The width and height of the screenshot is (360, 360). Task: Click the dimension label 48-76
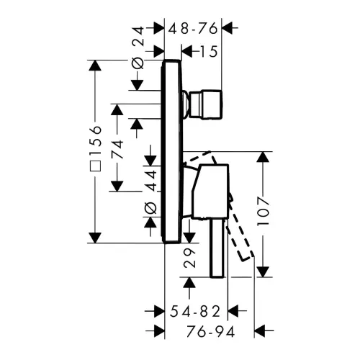tap(193, 29)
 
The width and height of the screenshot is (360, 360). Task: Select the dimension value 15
tap(209, 51)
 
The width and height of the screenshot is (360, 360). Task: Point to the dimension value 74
tap(117, 150)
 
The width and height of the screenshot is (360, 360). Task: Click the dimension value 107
tap(264, 211)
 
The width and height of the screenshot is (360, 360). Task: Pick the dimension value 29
tap(189, 258)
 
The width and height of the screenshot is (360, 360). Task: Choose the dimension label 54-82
tap(195, 312)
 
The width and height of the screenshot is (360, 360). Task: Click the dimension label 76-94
tap(210, 332)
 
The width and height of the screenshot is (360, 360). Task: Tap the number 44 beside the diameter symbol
tap(151, 180)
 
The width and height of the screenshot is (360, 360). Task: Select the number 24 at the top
tap(138, 36)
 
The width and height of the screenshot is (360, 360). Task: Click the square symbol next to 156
tap(96, 166)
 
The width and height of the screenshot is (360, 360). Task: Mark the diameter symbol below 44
tap(150, 208)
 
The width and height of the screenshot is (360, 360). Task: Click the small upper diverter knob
tap(206, 104)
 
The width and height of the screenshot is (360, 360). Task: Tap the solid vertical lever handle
tap(217, 248)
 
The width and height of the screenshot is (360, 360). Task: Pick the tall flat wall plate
tap(171, 151)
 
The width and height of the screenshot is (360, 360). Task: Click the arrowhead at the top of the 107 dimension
tap(264, 158)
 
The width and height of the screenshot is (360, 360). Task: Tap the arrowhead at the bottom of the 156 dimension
tap(95, 238)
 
